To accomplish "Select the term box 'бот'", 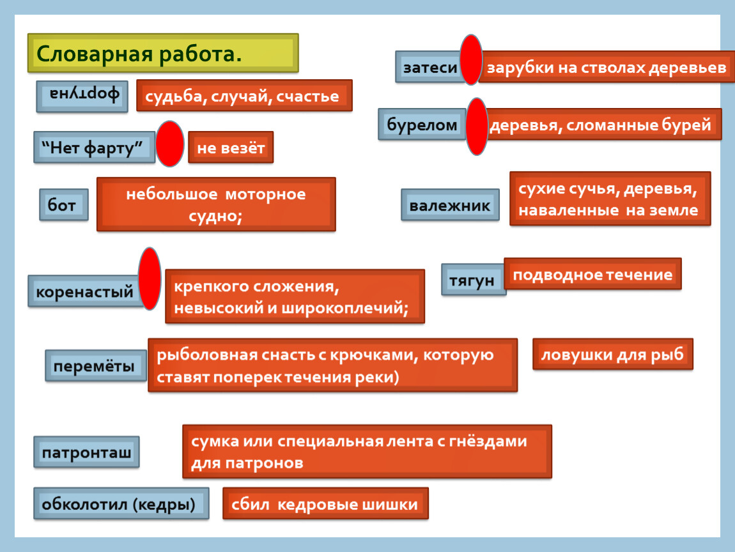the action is [64, 205].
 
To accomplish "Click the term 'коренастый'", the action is [85, 291].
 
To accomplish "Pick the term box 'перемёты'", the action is [96, 365].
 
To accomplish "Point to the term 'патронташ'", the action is [87, 452].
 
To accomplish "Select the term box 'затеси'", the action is [430, 67].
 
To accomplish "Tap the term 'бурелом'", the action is [422, 124].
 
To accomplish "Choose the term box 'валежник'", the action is [450, 205].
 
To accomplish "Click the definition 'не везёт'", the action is [231, 148].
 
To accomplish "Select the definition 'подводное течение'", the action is [592, 274].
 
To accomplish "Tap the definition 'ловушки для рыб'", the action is [613, 354].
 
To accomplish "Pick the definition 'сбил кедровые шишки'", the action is [325, 503].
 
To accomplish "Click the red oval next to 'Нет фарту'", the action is [169, 144].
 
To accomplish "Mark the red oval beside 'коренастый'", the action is [150, 279].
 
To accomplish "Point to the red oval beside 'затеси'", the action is [471, 59].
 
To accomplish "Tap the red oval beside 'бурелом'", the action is [477, 126].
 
